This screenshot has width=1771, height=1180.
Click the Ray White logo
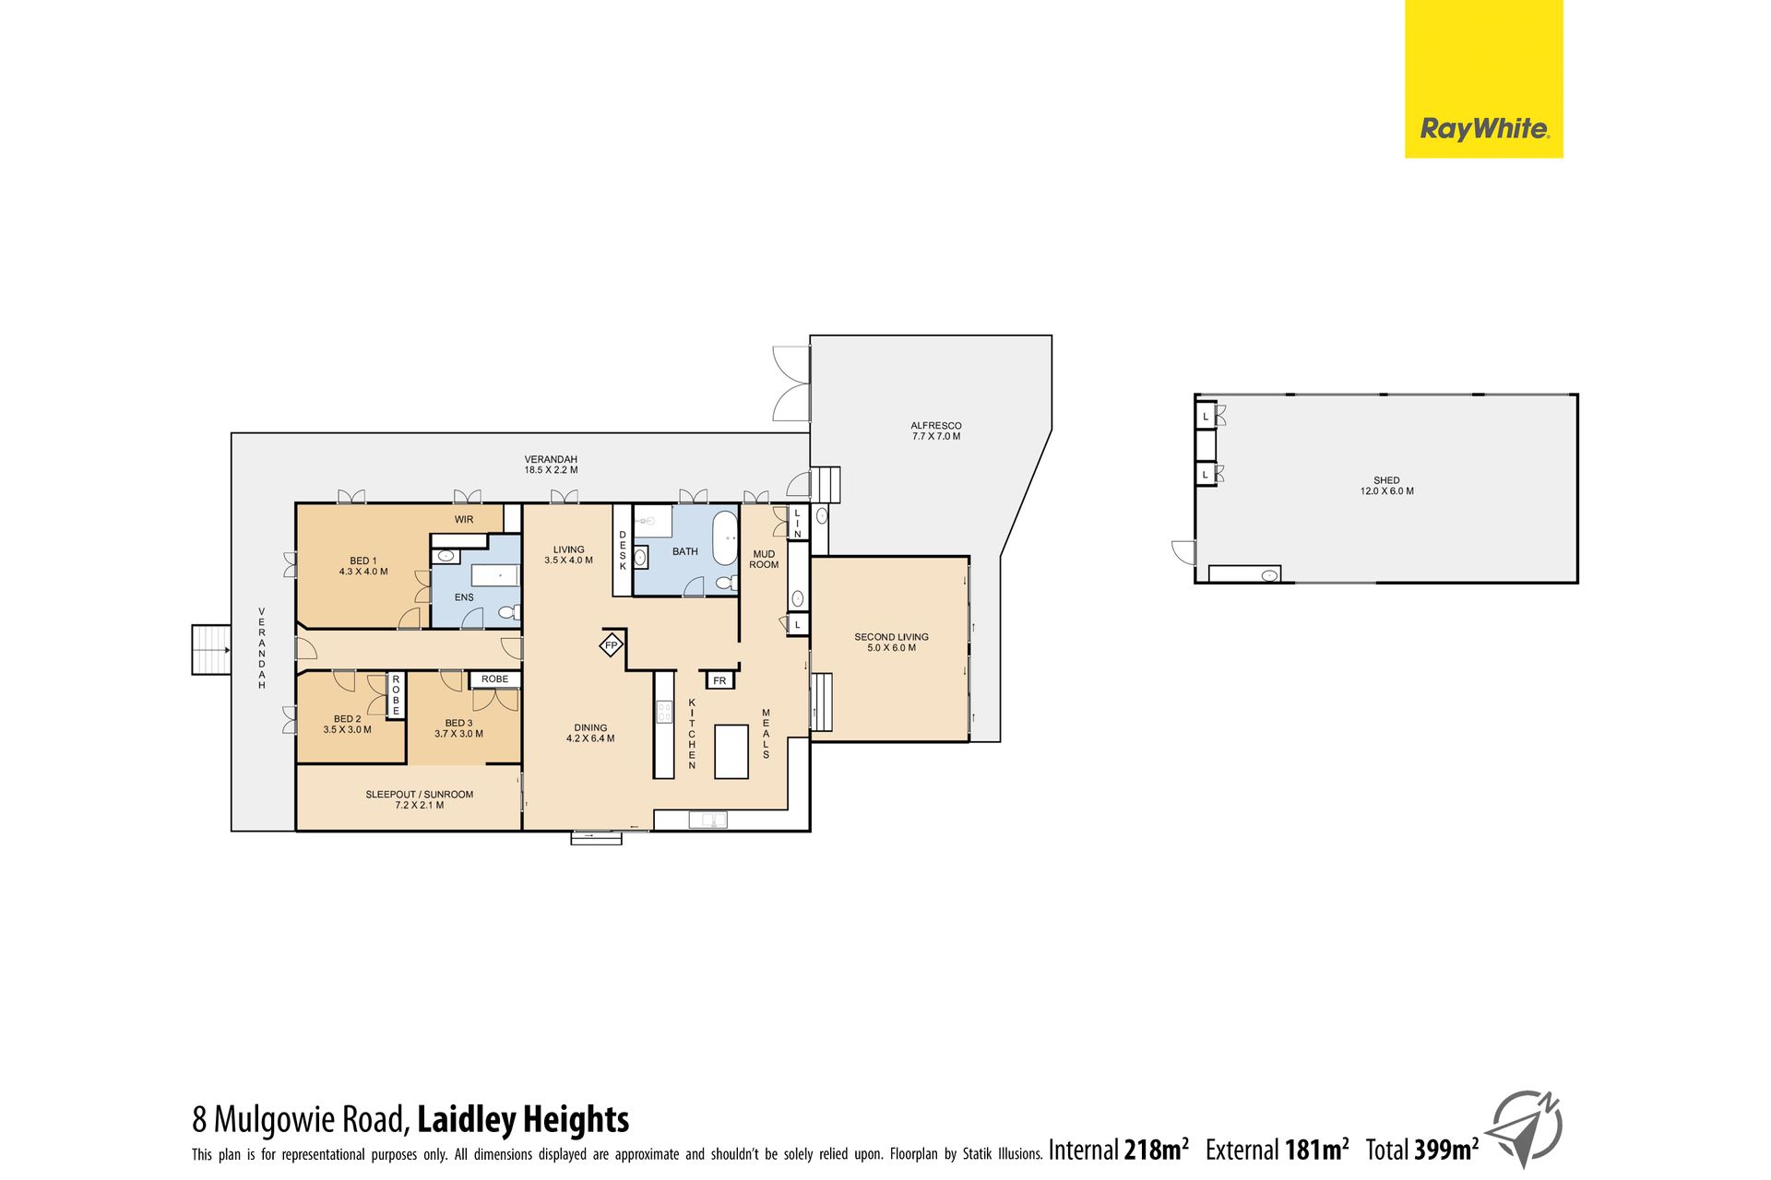(x=1483, y=79)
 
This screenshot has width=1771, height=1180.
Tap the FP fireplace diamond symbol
(x=611, y=645)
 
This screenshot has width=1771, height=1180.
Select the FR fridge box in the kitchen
(x=719, y=680)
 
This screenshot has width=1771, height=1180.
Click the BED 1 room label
(x=363, y=566)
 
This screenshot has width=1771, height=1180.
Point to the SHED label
(x=1386, y=486)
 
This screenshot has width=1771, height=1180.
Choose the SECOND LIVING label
(x=891, y=643)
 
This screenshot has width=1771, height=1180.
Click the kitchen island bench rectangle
(x=731, y=751)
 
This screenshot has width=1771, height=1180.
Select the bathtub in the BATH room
(x=725, y=539)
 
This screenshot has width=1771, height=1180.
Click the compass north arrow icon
(x=1526, y=1130)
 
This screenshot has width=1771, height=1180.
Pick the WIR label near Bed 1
(x=464, y=520)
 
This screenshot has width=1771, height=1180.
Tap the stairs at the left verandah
(x=211, y=650)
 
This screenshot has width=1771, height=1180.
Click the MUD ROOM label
(x=764, y=560)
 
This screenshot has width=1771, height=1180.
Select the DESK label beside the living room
(x=623, y=550)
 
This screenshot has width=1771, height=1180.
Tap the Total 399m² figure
(x=1422, y=1150)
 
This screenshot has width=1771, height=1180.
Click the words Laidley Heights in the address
(x=523, y=1119)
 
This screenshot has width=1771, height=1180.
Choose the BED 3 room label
(x=458, y=728)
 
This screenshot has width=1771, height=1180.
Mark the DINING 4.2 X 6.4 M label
(x=590, y=733)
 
